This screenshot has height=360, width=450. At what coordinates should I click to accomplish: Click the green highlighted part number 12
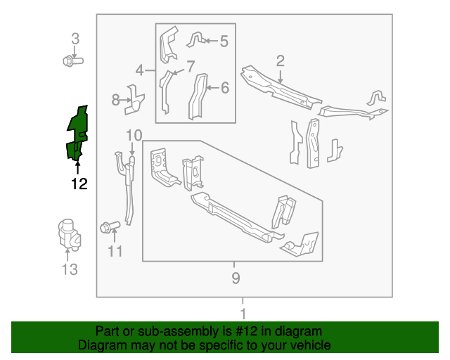click(77, 133)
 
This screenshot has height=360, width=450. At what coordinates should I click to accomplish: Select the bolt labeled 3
click(73, 61)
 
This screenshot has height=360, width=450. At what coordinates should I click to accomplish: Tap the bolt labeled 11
click(110, 227)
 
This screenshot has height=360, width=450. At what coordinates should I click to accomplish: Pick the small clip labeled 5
click(197, 39)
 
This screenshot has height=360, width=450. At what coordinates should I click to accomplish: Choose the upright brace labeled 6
click(198, 96)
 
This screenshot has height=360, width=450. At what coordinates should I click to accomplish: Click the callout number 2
click(281, 61)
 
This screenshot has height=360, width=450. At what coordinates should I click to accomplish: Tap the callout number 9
click(236, 278)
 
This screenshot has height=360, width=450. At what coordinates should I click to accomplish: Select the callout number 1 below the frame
click(243, 314)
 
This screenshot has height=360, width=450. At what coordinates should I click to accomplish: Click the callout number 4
click(139, 70)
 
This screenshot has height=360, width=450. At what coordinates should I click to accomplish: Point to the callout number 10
click(134, 135)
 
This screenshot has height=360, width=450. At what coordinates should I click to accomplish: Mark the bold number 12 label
click(79, 184)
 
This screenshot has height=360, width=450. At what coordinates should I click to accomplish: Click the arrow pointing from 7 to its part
click(179, 72)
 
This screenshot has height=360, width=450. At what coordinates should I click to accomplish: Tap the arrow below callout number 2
click(281, 77)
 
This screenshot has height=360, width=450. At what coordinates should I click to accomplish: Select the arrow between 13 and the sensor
click(67, 255)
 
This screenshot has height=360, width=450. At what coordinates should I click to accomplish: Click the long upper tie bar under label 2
click(281, 87)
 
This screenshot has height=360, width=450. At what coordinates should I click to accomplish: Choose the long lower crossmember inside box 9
click(238, 217)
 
